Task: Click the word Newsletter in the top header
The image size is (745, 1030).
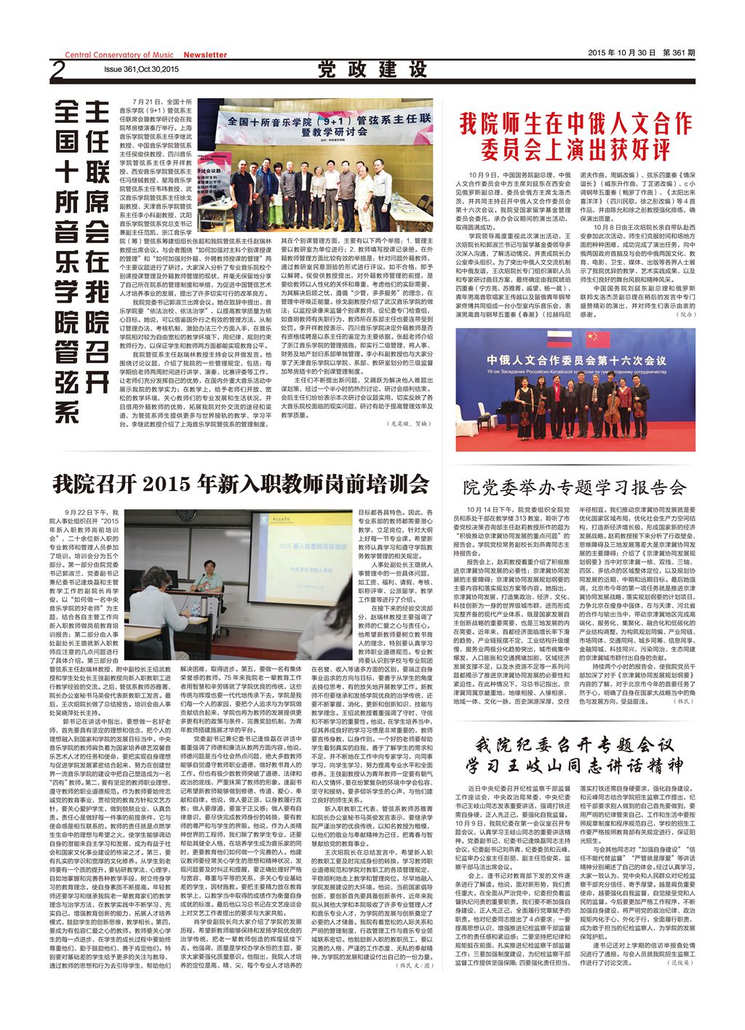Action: (x=204, y=55)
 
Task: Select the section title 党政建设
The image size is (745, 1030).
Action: (x=372, y=70)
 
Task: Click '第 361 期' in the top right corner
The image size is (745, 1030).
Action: (x=678, y=53)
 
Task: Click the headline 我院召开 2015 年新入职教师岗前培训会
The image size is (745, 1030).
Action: (x=241, y=483)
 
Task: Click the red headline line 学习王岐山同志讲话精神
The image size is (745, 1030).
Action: (x=575, y=765)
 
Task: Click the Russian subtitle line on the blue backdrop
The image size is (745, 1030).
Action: (x=575, y=370)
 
